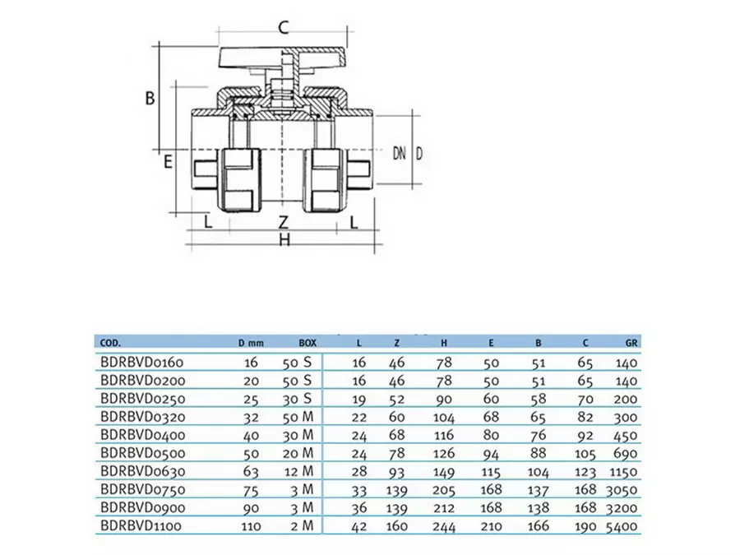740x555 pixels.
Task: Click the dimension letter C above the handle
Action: pyautogui.click(x=282, y=27)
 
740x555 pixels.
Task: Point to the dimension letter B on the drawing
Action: pyautogui.click(x=150, y=98)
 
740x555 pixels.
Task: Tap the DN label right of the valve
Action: pyautogui.click(x=400, y=153)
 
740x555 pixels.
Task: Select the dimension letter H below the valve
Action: pyautogui.click(x=284, y=240)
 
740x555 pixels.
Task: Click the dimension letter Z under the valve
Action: pyautogui.click(x=283, y=222)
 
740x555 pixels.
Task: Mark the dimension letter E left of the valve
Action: pyautogui.click(x=168, y=161)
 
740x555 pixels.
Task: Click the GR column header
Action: pyautogui.click(x=630, y=342)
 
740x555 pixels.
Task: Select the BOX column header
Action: pyautogui.click(x=307, y=342)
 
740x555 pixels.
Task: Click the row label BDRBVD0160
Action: pyautogui.click(x=142, y=361)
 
